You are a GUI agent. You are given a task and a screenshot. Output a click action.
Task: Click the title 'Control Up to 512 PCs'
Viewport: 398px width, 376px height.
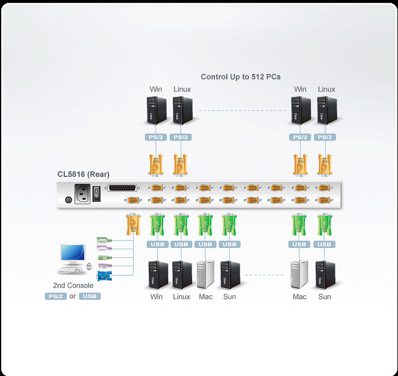click(241, 77)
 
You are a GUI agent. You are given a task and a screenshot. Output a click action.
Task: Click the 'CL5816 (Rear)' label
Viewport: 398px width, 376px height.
click(83, 174)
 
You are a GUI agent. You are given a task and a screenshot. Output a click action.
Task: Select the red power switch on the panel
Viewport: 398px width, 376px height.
click(97, 193)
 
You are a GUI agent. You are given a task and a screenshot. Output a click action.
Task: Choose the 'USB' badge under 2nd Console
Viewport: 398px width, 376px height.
click(89, 296)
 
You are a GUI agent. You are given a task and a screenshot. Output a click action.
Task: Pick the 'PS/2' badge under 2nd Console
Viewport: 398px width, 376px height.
click(56, 296)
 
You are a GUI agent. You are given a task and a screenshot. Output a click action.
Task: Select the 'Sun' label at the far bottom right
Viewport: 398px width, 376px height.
click(325, 297)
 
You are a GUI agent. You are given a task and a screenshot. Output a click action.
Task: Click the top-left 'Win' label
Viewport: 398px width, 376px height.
click(156, 89)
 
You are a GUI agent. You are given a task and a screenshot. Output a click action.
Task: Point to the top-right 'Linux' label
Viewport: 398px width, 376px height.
click(326, 89)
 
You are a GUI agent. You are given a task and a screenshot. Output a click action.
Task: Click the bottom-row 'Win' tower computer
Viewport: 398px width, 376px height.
click(156, 275)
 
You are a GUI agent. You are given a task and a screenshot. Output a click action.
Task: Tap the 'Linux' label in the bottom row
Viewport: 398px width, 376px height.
click(181, 297)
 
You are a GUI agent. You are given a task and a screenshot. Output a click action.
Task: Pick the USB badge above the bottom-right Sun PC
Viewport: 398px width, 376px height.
click(324, 245)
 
